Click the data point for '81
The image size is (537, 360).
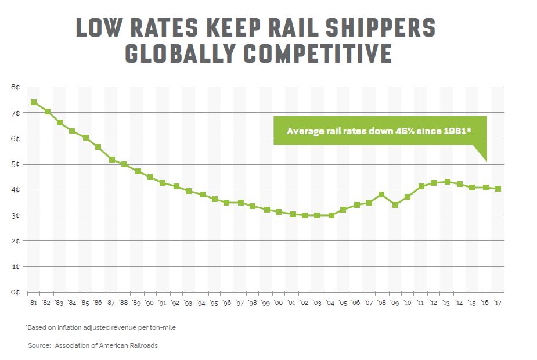tap(34, 102)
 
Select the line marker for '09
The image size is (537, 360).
tap(395, 205)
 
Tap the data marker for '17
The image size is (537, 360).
tap(498, 189)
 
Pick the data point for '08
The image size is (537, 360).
tap(382, 195)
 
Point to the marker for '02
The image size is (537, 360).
tap(304, 215)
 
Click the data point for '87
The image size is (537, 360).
tap(111, 160)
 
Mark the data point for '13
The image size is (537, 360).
tap(446, 182)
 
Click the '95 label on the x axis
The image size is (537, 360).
tap(214, 304)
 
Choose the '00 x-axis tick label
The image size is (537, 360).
tap(279, 304)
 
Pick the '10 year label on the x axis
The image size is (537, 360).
tap(408, 304)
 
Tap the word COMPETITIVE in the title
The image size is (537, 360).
tap(318, 53)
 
